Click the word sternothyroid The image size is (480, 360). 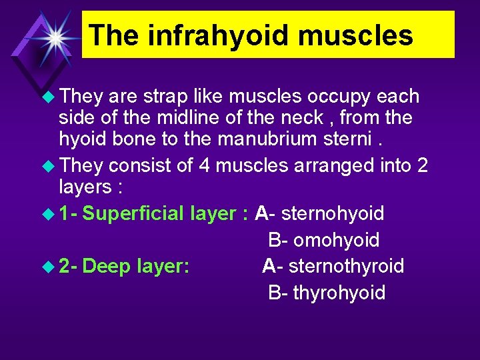pyautogui.click(x=346, y=266)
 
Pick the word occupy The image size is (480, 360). pyautogui.click(x=340, y=97)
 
